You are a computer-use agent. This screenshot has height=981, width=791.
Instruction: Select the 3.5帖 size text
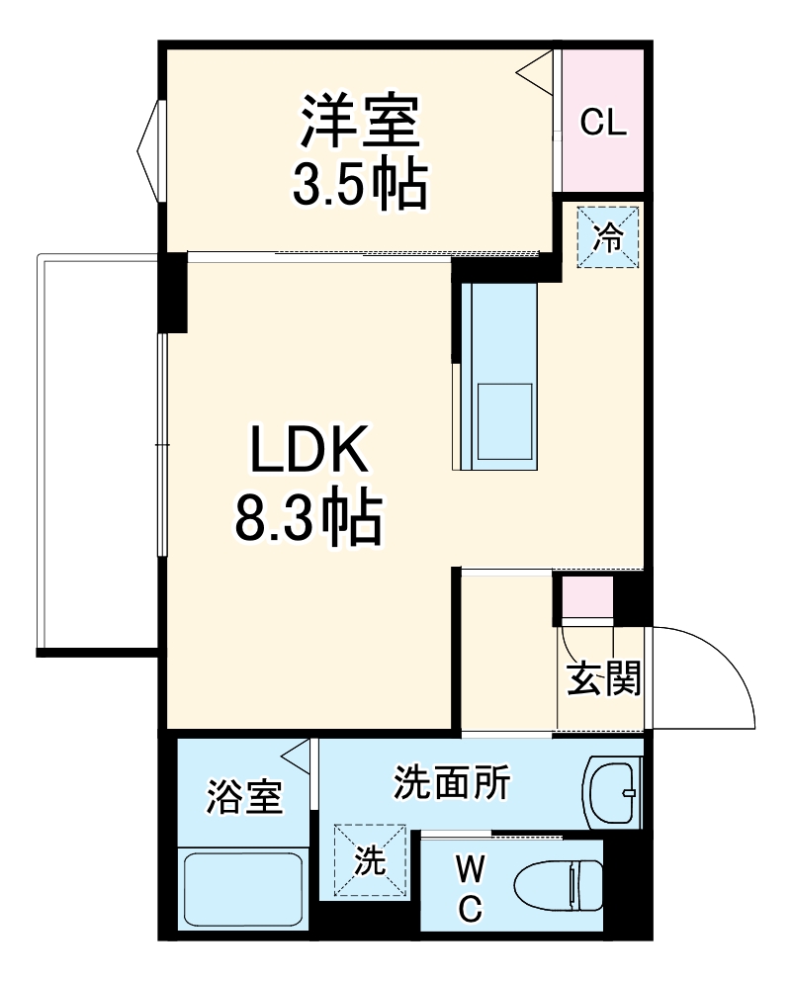[361, 183]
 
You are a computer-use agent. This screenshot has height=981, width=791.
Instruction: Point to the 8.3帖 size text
[308, 517]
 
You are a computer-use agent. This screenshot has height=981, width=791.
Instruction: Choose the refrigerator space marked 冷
[609, 236]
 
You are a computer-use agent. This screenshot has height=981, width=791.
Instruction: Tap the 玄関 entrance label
[603, 678]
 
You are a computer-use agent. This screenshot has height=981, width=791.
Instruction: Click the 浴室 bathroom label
[244, 797]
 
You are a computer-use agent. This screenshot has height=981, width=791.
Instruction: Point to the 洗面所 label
[452, 783]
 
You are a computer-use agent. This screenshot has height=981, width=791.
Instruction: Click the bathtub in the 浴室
[242, 886]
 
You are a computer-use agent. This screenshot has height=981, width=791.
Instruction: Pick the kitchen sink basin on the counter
[504, 420]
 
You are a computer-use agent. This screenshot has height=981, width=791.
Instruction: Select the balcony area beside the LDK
[97, 452]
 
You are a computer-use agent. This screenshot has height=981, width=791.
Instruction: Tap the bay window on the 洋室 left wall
[149, 150]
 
